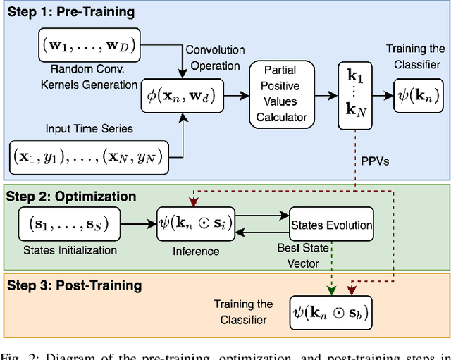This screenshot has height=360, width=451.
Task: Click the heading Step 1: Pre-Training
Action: [x=70, y=12]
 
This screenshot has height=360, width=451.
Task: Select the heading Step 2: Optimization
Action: [x=70, y=197]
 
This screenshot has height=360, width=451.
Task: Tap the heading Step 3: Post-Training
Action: [x=74, y=285]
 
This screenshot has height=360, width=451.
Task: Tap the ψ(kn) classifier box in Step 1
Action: [x=419, y=96]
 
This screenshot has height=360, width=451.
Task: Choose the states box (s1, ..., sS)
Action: [x=68, y=225]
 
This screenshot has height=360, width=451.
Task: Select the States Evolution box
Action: [x=331, y=225]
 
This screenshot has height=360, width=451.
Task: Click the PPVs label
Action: [x=376, y=161]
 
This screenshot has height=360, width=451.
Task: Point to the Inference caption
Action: [x=195, y=251]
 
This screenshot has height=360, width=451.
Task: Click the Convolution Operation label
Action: [x=215, y=56]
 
